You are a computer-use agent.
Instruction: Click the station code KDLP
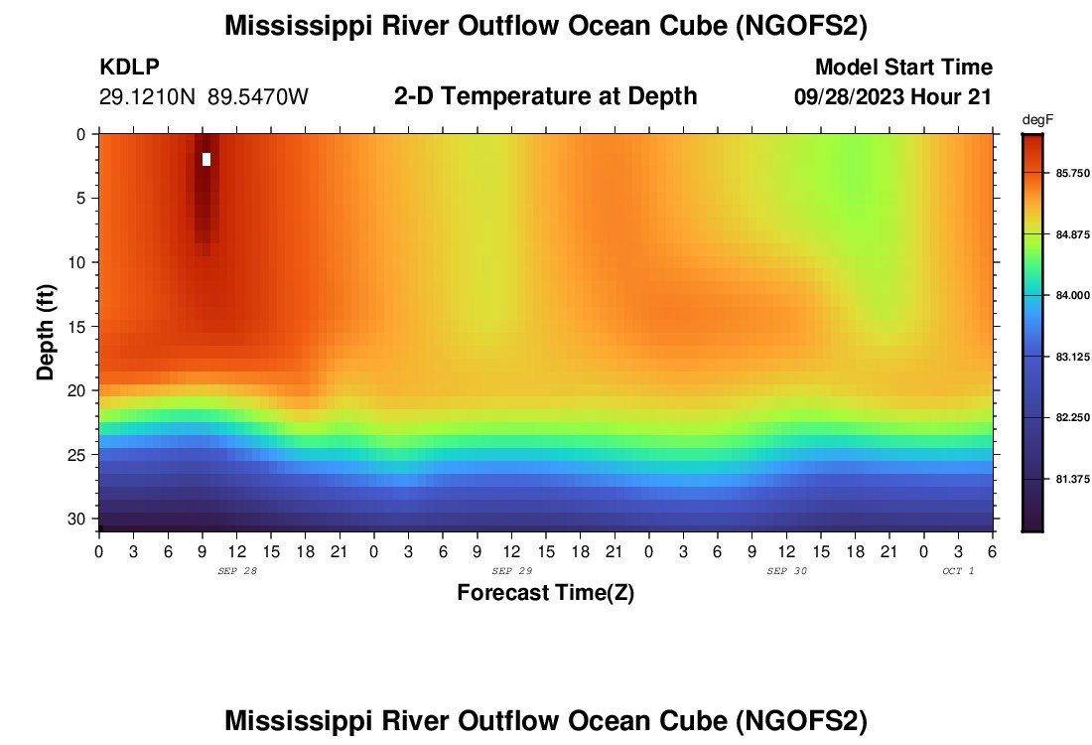(129, 68)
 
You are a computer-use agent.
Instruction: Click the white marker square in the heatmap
(206, 159)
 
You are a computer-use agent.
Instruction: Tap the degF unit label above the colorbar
(1036, 120)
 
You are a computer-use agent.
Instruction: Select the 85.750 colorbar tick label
(1073, 173)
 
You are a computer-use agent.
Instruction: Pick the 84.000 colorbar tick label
(1073, 295)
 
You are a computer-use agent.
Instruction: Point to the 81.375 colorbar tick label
(1073, 479)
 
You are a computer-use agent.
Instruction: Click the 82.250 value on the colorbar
(1073, 417)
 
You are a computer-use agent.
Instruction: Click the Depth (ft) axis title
(46, 331)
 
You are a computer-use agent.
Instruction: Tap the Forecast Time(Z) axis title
(545, 593)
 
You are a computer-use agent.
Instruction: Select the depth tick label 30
(79, 519)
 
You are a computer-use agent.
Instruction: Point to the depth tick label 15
(79, 326)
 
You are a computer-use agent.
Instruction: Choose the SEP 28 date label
(236, 571)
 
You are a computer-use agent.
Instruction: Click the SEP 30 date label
(786, 571)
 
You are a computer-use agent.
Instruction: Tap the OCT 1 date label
(958, 571)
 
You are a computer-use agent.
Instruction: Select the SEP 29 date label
(511, 571)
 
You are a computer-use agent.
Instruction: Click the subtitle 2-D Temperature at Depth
(545, 96)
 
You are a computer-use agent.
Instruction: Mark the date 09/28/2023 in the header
(844, 97)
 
